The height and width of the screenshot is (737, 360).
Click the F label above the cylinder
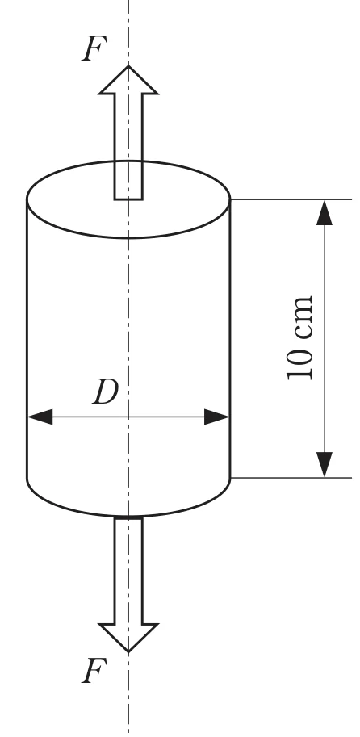94,48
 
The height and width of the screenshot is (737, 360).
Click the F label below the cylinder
94,671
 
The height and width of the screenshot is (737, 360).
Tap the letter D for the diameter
105,392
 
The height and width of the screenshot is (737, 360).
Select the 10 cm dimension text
299,337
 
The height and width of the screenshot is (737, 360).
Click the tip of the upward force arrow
128,66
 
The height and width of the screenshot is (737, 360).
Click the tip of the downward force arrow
128,652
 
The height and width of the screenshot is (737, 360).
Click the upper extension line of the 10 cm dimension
291,199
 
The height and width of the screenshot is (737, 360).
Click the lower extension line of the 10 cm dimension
291,478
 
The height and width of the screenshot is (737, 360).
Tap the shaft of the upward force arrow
128,147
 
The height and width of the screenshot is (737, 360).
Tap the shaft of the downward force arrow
128,571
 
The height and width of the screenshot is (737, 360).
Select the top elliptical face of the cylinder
128,199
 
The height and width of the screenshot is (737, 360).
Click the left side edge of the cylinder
27,338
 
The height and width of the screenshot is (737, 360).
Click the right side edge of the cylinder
230,338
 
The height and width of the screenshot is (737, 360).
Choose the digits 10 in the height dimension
299,363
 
